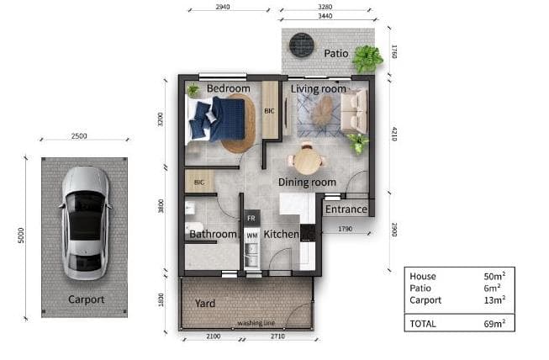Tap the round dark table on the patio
(302, 45)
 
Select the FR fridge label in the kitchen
(251, 219)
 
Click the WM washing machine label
(252, 236)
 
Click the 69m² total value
(494, 324)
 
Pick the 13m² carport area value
(494, 299)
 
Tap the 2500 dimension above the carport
(79, 136)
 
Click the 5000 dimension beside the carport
(21, 236)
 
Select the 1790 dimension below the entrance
(346, 229)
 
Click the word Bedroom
(229, 88)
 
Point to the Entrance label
(346, 209)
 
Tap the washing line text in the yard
(256, 322)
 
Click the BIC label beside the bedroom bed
(269, 111)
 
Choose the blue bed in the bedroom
(216, 119)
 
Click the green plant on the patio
(367, 59)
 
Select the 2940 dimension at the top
(223, 7)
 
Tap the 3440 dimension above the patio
(325, 16)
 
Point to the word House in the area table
(423, 276)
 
